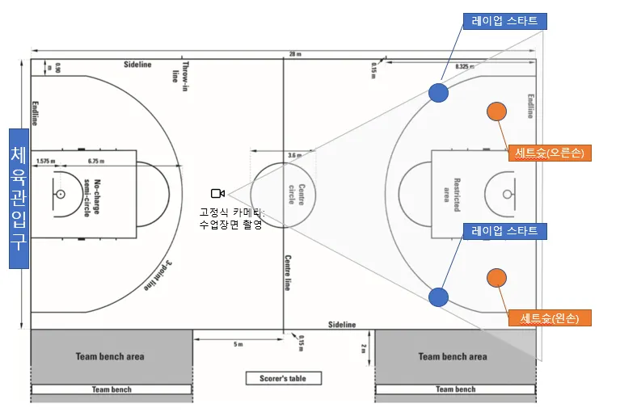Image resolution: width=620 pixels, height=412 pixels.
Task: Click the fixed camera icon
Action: tap(217, 193)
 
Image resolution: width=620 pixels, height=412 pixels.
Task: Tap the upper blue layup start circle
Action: tap(437, 92)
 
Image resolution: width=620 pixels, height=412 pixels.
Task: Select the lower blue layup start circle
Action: tap(438, 296)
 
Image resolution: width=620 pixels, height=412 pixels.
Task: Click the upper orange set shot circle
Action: tap(496, 112)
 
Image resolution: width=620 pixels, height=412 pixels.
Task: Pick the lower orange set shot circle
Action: tap(496, 278)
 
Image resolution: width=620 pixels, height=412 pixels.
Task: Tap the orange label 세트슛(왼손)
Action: tap(549, 317)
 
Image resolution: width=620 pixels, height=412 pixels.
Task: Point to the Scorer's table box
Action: tap(283, 378)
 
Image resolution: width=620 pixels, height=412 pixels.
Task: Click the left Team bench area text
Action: tap(112, 356)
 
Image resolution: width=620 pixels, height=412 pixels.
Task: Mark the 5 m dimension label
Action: tap(238, 344)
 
